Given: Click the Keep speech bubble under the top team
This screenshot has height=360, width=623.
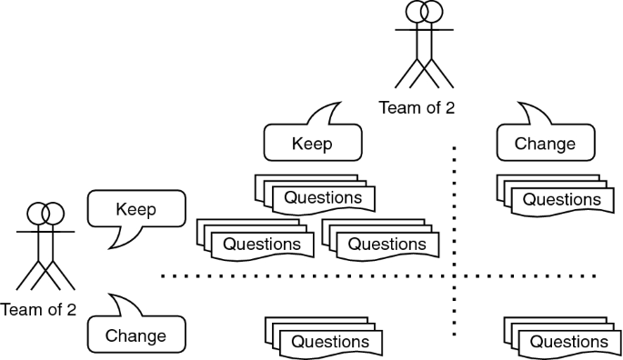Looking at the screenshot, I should tap(312, 143).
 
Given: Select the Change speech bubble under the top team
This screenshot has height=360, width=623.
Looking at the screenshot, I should tap(545, 143).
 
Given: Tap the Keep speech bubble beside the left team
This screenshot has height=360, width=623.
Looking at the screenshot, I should tap(136, 209).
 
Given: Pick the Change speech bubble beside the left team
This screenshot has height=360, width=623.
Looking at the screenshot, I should tap(136, 335).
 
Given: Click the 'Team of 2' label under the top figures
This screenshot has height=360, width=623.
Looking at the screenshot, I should tap(417, 108).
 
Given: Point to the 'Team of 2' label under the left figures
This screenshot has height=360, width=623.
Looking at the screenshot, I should tap(38, 309).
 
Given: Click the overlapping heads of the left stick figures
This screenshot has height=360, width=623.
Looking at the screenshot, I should tap(45, 214).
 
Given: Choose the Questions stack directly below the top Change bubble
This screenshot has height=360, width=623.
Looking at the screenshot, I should tap(555, 196).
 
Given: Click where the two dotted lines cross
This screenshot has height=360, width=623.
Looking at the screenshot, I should tap(453, 275).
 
